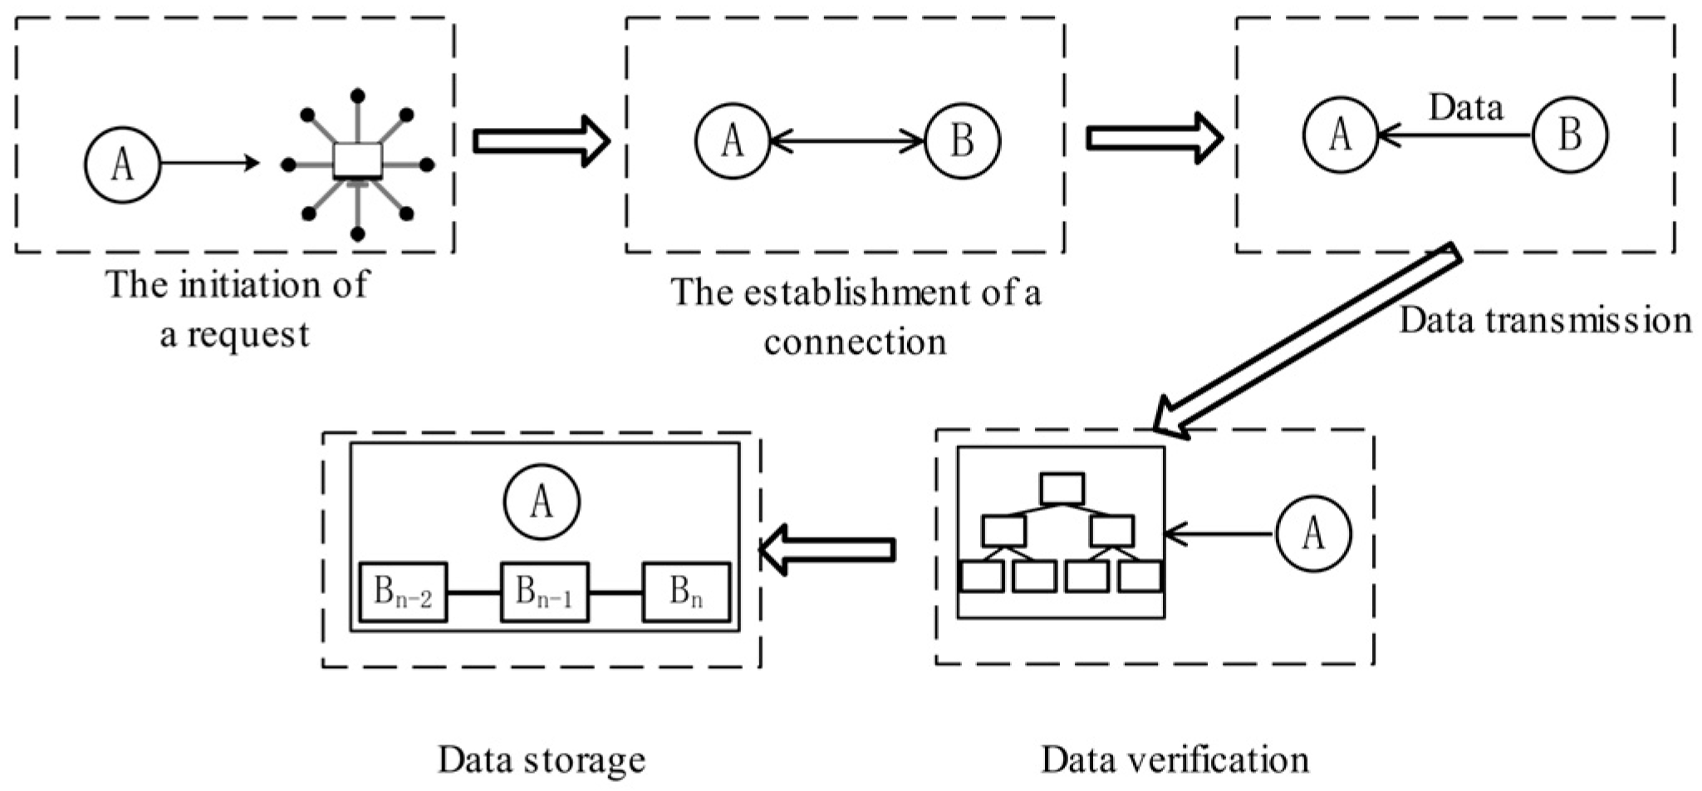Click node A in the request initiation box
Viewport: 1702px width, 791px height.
tap(122, 165)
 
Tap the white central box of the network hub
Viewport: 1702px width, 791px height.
tap(357, 161)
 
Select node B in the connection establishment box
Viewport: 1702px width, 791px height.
tap(963, 140)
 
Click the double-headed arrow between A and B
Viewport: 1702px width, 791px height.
tap(847, 141)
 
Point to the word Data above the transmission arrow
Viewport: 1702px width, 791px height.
tap(1465, 108)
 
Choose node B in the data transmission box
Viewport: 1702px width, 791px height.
tap(1570, 135)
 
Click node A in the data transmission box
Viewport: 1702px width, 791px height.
tap(1340, 135)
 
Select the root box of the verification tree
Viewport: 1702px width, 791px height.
tap(1062, 489)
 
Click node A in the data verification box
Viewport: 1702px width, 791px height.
tap(1312, 534)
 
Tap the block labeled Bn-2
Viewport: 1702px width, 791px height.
tap(404, 592)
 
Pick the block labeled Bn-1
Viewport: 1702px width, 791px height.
tap(544, 592)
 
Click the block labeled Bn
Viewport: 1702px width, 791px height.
tap(686, 592)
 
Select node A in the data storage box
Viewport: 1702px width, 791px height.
tap(542, 502)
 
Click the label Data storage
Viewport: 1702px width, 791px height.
tap(542, 759)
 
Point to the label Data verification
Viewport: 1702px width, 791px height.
tap(1175, 759)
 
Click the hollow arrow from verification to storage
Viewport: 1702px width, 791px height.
tap(827, 549)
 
